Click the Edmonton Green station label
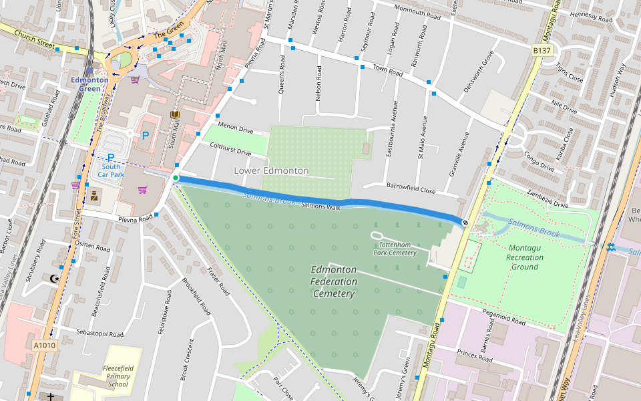[89, 84]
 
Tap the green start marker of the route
[176, 178]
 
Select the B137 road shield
[542, 50]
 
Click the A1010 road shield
[44, 346]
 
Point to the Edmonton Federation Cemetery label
[334, 281]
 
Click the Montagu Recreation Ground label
[525, 257]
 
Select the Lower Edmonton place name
[271, 170]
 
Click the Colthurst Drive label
[230, 148]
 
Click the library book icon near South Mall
[175, 116]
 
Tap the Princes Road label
[474, 356]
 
